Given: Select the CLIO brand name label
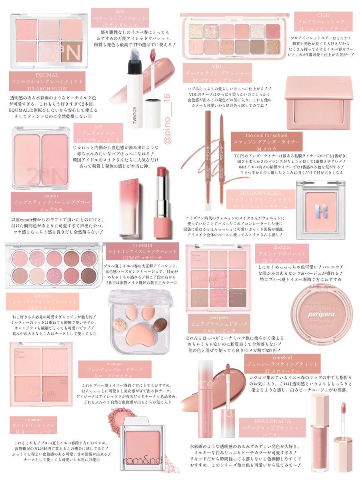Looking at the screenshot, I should (323, 15).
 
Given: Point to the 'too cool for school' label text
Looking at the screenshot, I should (266, 136).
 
